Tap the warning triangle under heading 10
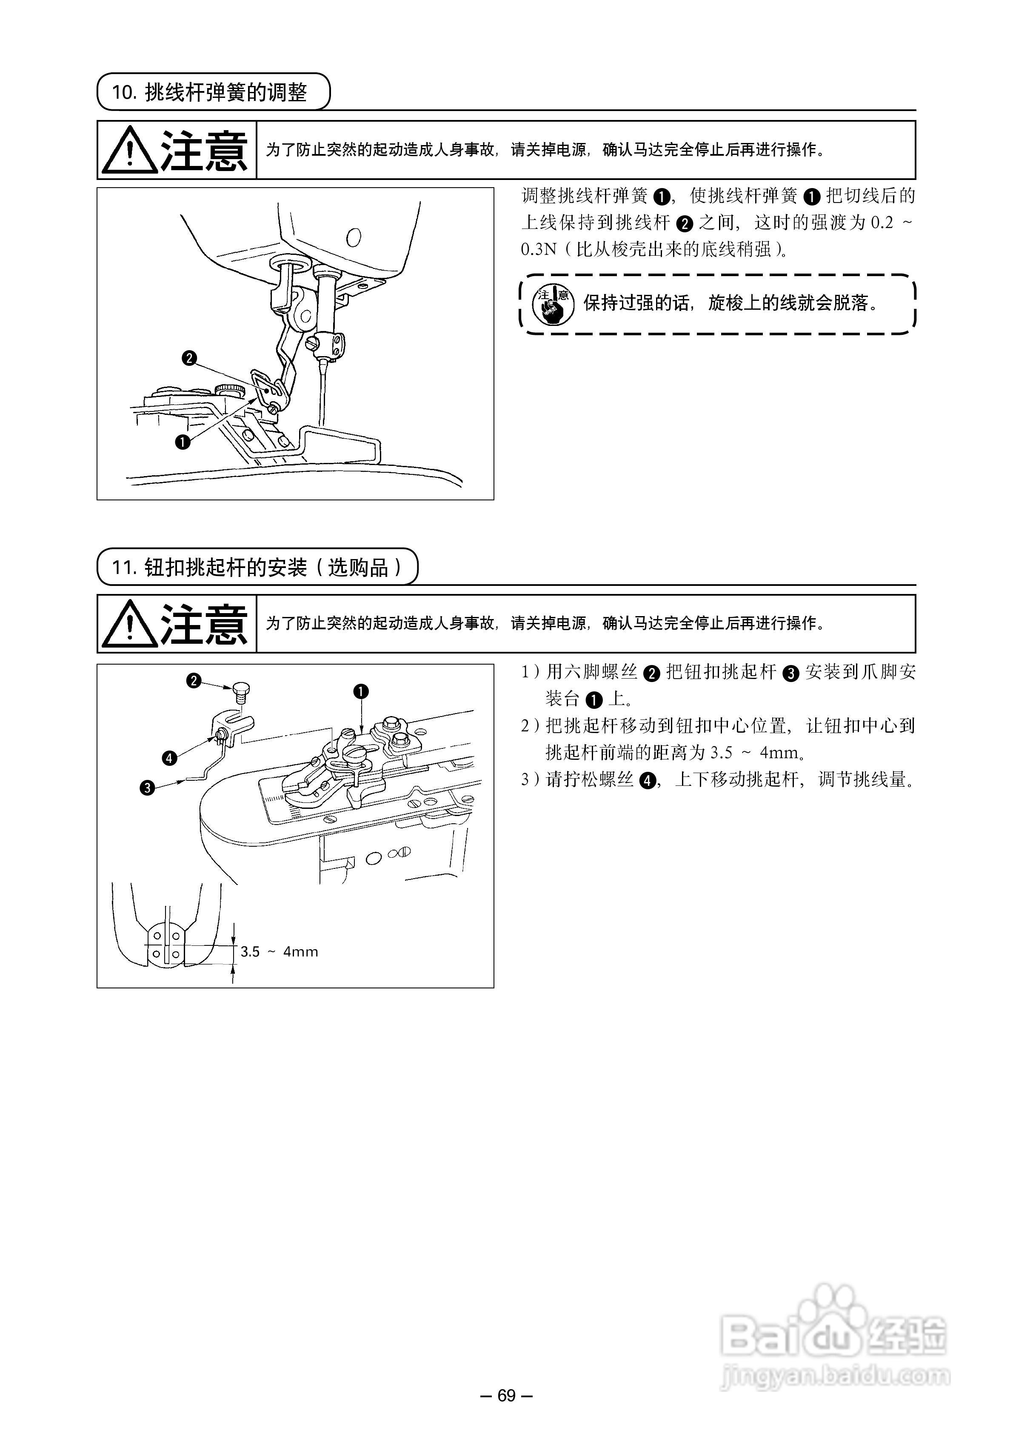(x=129, y=151)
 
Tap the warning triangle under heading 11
(x=129, y=624)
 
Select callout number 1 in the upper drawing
(x=182, y=442)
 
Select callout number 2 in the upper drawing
(x=189, y=358)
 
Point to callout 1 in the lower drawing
(x=361, y=691)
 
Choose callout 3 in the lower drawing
(x=147, y=788)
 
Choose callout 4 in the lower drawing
(x=170, y=758)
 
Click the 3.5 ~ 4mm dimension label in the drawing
(x=279, y=952)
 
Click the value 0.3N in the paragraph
(x=538, y=250)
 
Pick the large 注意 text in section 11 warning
(x=204, y=624)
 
